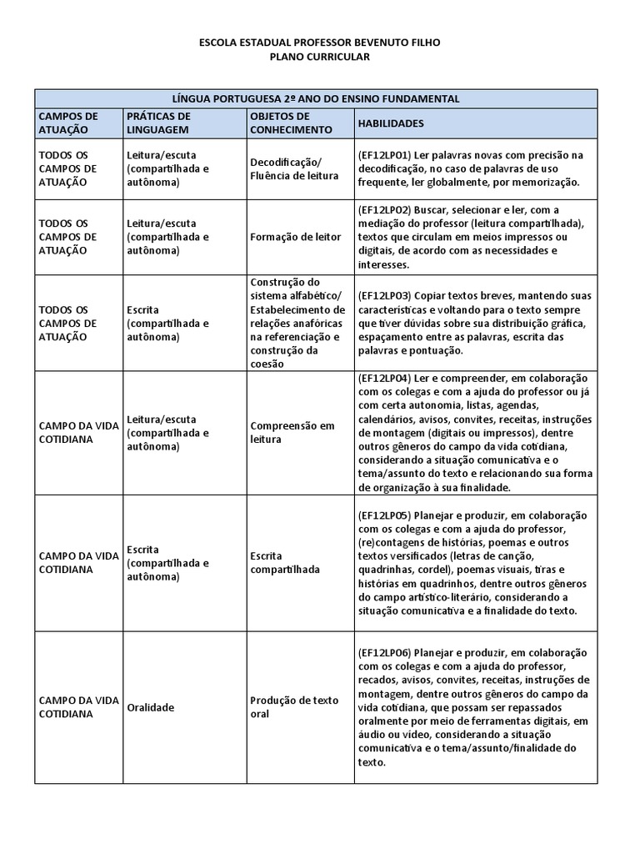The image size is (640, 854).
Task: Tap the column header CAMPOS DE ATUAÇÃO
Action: pos(68,123)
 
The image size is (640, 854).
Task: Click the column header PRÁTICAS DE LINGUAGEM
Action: pos(159,123)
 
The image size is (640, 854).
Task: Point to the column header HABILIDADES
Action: pos(391,123)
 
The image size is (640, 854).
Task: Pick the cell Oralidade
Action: pos(151,707)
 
